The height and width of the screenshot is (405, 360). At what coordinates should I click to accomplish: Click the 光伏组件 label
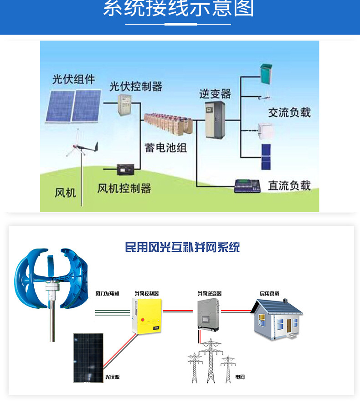click(x=73, y=79)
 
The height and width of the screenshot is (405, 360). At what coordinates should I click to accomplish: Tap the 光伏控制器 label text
click(x=136, y=86)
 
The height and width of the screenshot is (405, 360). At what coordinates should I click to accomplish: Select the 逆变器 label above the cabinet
click(x=215, y=93)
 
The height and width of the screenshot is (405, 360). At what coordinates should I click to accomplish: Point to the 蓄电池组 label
click(x=166, y=147)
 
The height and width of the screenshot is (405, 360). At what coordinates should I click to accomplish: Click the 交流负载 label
click(x=289, y=112)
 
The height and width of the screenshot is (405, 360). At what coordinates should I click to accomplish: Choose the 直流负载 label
click(x=289, y=185)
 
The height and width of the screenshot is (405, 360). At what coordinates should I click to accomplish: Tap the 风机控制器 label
click(x=124, y=188)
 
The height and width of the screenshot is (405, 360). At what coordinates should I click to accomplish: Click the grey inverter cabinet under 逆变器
click(x=215, y=119)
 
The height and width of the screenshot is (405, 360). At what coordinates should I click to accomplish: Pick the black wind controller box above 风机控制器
click(x=125, y=170)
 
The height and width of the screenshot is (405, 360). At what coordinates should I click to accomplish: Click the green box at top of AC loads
click(x=265, y=73)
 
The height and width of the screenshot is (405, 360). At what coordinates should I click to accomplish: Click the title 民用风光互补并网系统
click(x=182, y=247)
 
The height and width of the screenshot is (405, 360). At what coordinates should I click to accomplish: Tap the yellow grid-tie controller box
click(x=147, y=315)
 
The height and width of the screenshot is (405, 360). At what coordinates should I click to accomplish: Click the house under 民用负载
click(x=278, y=319)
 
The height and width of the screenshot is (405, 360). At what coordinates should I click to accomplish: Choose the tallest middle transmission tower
click(x=211, y=360)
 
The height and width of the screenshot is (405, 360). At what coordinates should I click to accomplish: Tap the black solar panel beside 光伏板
click(x=88, y=358)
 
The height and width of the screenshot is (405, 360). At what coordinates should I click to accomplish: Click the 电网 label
click(x=240, y=377)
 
